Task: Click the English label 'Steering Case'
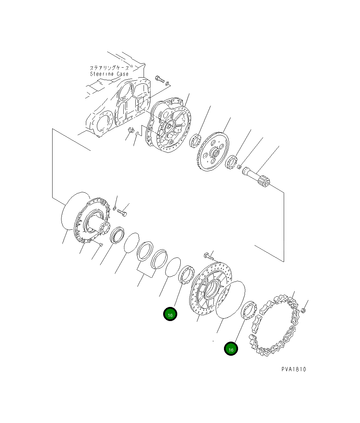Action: click(109, 74)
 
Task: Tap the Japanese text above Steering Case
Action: click(109, 68)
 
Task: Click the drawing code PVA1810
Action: click(293, 369)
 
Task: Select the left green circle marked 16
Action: click(170, 315)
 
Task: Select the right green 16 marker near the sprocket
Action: click(231, 349)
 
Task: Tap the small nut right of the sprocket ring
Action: click(303, 311)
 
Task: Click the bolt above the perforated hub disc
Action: click(208, 255)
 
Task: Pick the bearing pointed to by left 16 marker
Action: click(186, 275)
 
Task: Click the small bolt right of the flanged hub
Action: click(122, 212)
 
